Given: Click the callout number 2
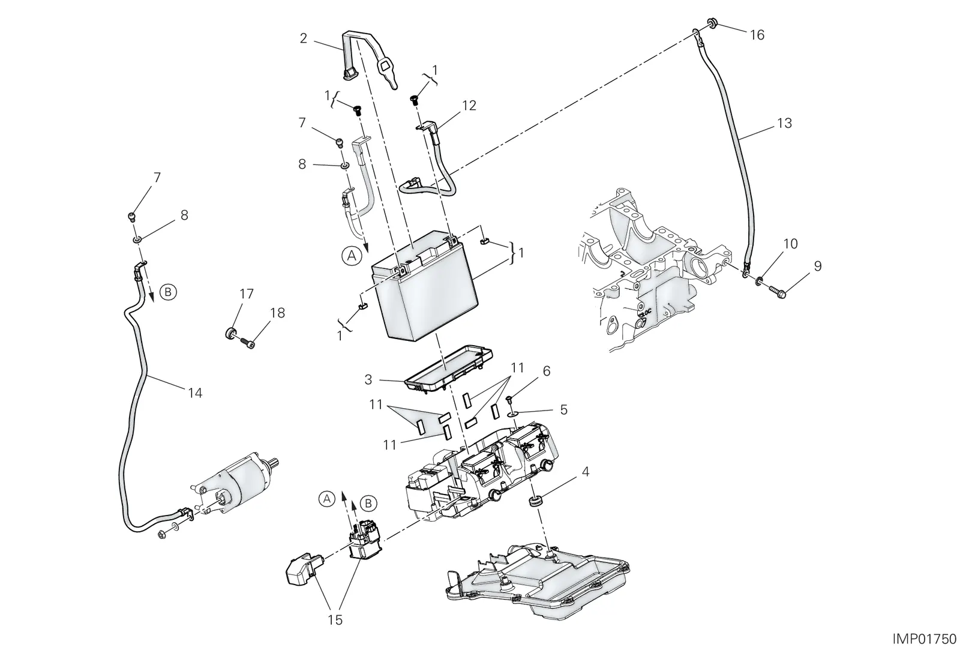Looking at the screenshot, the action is pos(304,38).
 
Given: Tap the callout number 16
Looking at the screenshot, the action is pos(757,35).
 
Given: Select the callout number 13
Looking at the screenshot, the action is pos(784,124).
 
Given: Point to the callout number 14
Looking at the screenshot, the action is pos(195,393).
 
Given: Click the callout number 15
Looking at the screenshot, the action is pos(335,620).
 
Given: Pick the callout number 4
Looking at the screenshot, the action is pos(586,472).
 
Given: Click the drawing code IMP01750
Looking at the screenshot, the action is pos(926,639).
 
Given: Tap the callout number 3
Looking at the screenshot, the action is pos(368,379).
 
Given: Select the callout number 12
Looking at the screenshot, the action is pos(469,106).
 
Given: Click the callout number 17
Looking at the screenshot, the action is pos(247,293).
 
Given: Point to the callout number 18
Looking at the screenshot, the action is pos(277,313).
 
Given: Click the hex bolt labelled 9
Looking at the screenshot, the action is pos(778,293).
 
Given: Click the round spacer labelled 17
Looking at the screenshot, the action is pos(231,333).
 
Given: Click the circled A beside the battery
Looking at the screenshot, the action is pos(352,256).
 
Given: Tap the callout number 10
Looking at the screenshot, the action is pos(790,244).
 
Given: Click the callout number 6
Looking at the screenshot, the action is pos(547,371).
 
